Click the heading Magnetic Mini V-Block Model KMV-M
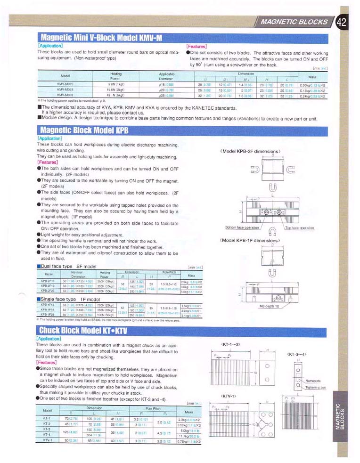tap(102, 38)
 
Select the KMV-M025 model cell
tap(65, 90)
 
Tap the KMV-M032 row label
tap(65, 95)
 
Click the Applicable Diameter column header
tap(166, 76)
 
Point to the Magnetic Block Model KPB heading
tap(82, 130)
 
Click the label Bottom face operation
tap(242, 227)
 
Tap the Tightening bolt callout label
tap(315, 387)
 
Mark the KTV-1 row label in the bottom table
tap(47, 442)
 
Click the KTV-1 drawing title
tap(228, 396)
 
